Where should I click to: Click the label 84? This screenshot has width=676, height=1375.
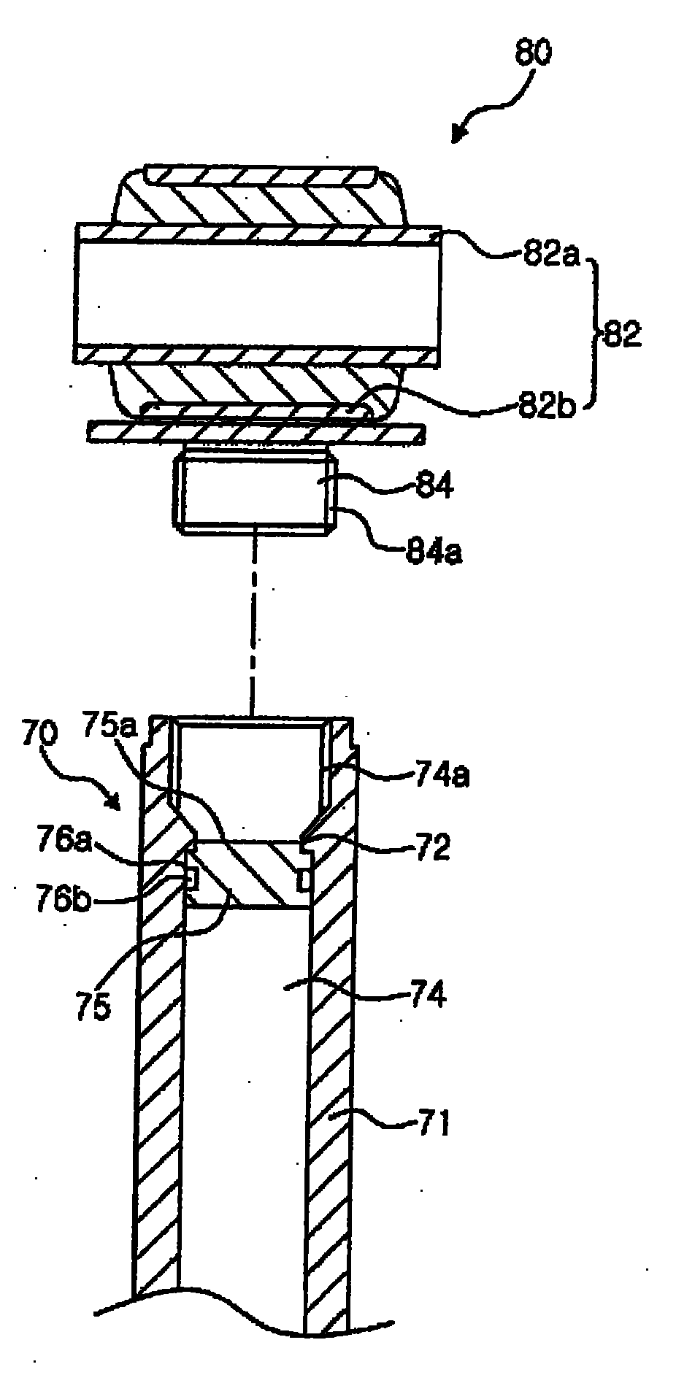coord(432,485)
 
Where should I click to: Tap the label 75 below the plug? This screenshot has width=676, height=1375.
coord(93,1006)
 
